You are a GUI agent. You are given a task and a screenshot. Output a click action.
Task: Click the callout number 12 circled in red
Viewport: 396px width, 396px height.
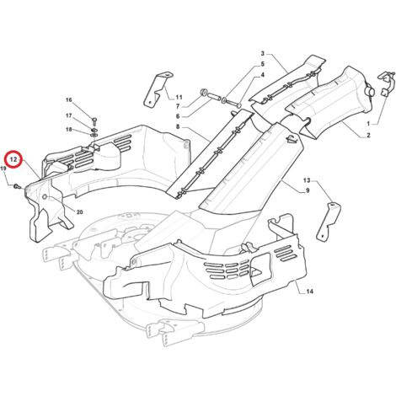coord(13,160)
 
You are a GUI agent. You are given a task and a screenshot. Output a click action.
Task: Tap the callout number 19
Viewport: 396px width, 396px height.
coord(3,169)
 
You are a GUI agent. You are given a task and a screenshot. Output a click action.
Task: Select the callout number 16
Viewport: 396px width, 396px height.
coord(69,100)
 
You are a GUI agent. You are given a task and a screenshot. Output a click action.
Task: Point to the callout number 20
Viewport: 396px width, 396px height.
coord(80,212)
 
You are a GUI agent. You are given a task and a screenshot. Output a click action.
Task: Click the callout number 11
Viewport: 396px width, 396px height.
coord(179,98)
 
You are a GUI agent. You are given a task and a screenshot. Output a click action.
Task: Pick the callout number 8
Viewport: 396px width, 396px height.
coord(178,127)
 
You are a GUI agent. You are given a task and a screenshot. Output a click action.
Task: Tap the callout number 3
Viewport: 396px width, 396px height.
coord(263,53)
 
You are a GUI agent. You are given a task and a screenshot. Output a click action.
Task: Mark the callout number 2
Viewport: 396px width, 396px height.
coord(368,136)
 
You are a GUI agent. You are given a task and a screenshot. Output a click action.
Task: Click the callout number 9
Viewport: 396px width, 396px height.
coord(308,190)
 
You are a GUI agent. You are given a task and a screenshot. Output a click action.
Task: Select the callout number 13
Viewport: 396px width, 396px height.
coord(307,179)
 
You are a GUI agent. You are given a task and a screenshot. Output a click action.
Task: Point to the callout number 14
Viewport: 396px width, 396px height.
coord(309,292)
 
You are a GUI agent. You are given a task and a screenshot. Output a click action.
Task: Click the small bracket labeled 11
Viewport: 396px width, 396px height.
coord(158,89)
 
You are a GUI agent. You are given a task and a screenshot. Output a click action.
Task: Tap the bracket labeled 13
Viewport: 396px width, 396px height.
coord(329,222)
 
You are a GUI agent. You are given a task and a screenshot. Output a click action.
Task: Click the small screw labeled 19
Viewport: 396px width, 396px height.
coord(17,185)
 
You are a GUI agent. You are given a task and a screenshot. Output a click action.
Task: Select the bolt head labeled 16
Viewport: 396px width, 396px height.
coord(94,121)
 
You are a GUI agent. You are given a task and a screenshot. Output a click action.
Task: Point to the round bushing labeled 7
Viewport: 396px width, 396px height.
coord(204,93)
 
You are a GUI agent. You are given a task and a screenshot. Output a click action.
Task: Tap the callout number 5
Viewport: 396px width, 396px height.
coord(263,64)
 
